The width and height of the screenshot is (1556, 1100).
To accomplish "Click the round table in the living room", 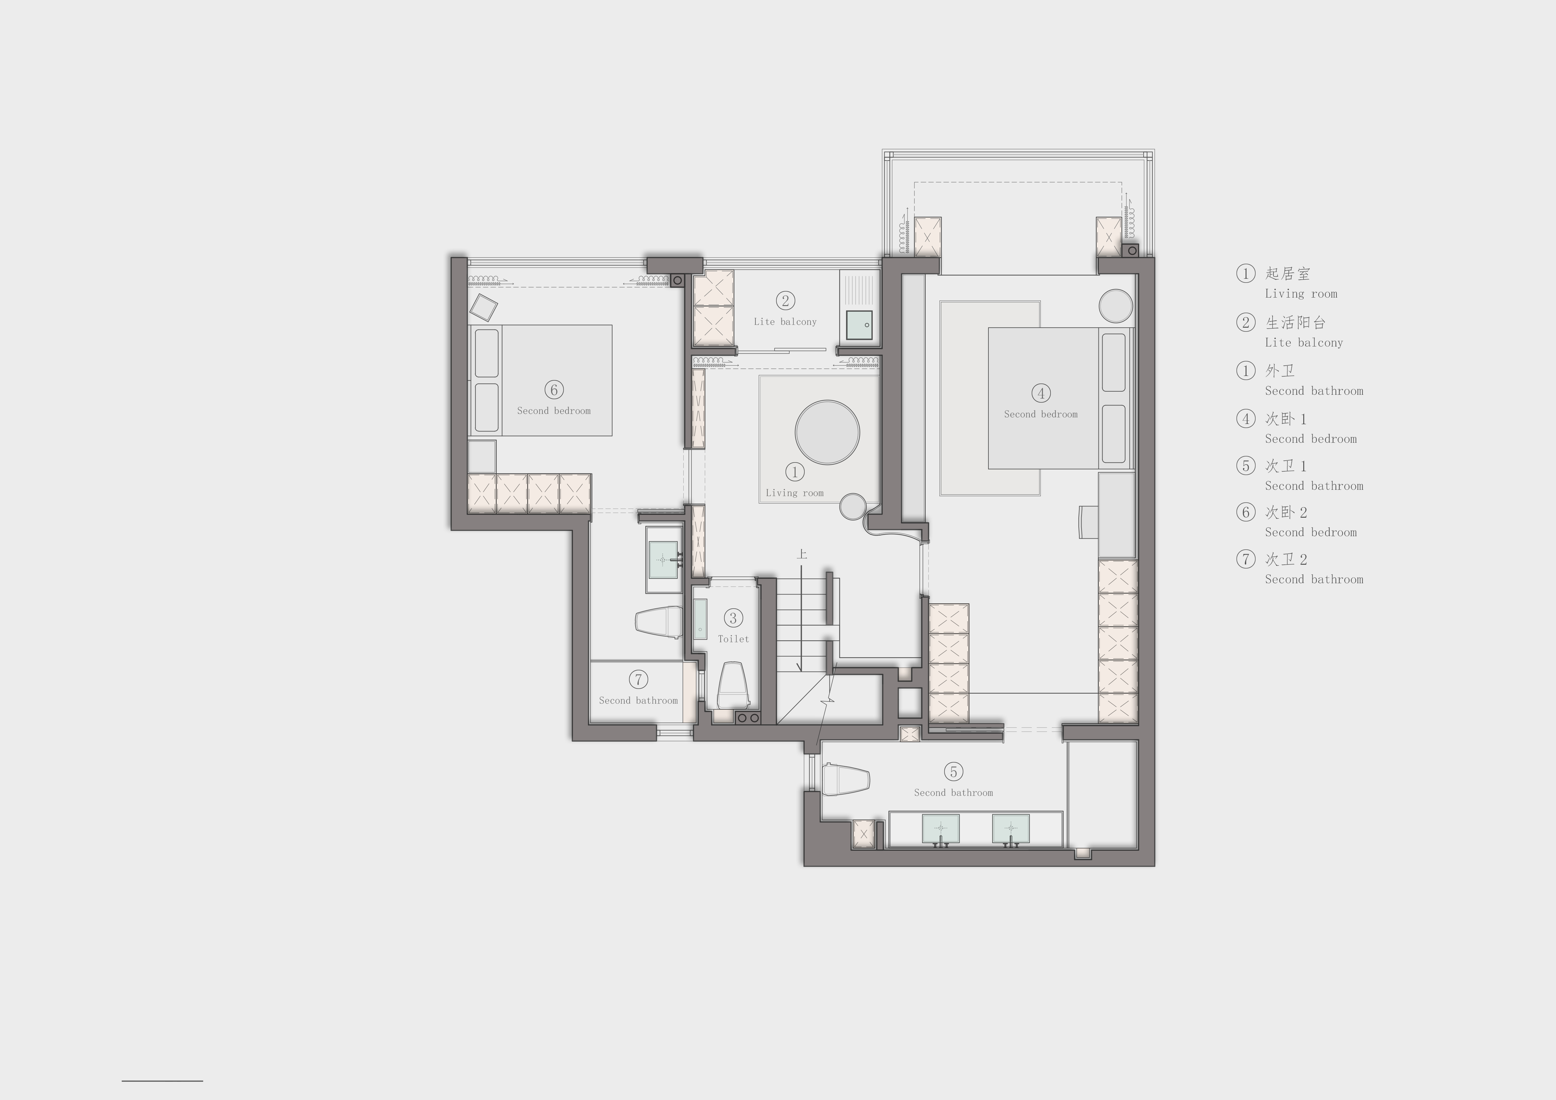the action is click(828, 432).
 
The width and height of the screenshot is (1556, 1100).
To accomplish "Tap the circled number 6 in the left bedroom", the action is click(554, 390).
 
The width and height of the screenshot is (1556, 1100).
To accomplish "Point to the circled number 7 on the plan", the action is click(638, 679).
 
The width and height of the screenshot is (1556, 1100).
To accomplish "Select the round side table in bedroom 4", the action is click(1115, 306).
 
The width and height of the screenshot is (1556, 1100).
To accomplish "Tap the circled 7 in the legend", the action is click(1246, 559).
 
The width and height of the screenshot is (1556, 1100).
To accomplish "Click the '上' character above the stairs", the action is click(802, 554).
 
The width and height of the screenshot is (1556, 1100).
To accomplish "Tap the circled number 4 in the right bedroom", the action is click(1041, 393).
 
